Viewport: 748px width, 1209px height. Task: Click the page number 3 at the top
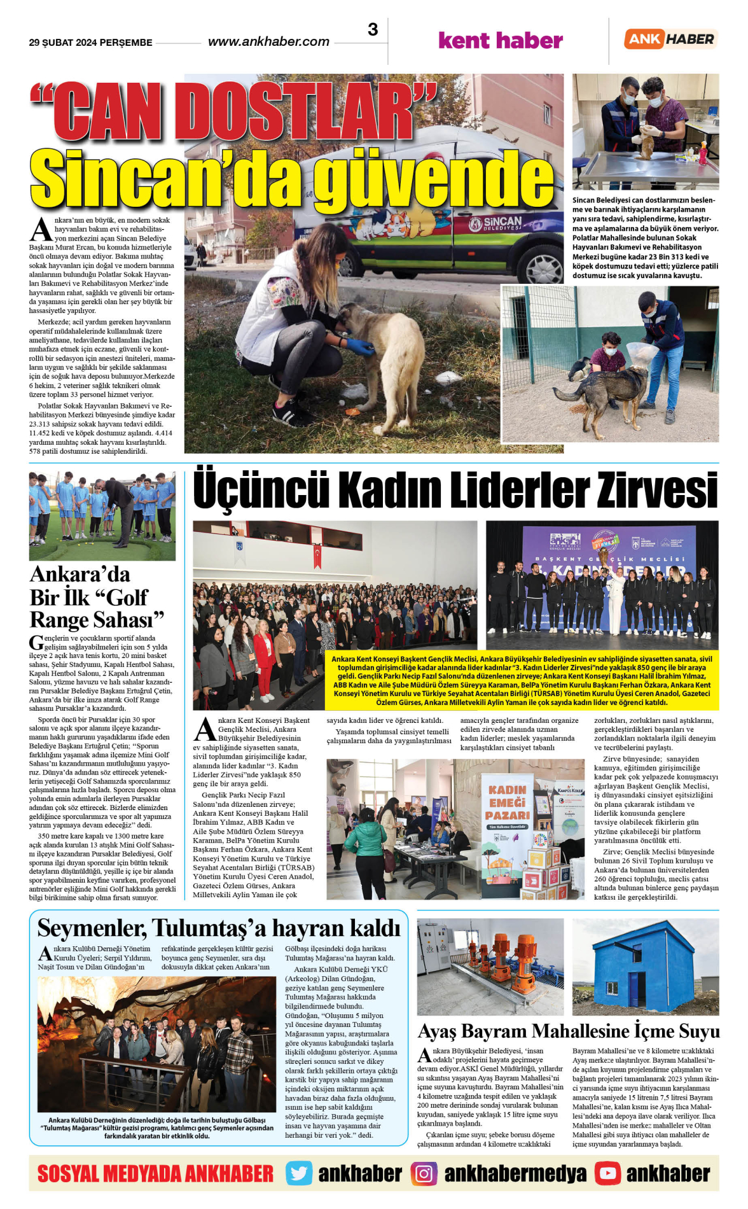(x=373, y=30)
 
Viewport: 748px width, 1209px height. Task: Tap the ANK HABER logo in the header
(x=670, y=39)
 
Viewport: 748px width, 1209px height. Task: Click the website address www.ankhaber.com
(x=268, y=42)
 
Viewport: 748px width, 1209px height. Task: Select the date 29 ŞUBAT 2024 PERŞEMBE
(x=90, y=43)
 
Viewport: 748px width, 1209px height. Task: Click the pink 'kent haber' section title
(x=501, y=41)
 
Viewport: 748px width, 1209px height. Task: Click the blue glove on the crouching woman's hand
(x=361, y=347)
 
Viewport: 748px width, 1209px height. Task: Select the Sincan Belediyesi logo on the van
(x=495, y=223)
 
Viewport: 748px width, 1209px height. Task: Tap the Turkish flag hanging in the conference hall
(x=317, y=556)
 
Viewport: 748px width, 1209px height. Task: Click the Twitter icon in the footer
(x=299, y=1173)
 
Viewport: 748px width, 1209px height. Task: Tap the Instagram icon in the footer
(x=424, y=1173)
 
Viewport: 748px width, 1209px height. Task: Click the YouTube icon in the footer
(x=607, y=1173)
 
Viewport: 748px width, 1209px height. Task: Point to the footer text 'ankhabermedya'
(x=515, y=1173)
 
